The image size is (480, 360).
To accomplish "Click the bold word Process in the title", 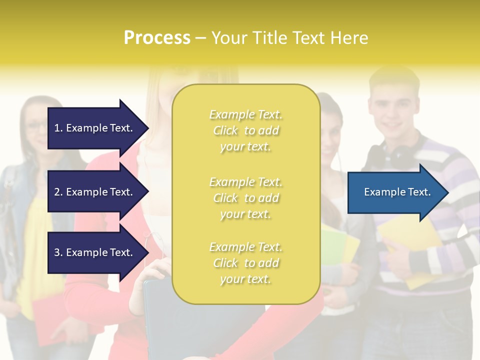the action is (157, 38).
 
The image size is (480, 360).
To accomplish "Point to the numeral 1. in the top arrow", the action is (58, 128).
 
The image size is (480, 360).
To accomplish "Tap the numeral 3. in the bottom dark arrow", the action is (58, 252).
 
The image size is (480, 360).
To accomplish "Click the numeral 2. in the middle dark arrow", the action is (58, 192).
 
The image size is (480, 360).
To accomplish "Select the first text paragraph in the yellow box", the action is (245, 130).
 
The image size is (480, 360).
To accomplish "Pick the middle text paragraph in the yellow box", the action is (245, 198).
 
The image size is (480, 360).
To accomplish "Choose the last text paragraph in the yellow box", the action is (245, 263).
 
